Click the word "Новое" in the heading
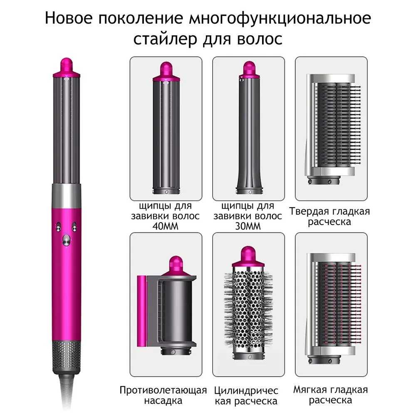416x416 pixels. [x=69, y=18]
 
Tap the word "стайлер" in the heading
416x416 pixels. [x=165, y=39]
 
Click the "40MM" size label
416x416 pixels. [x=165, y=226]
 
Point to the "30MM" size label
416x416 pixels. [x=248, y=226]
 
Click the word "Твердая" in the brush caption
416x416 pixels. [x=309, y=211]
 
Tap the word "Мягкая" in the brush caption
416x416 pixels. [x=311, y=390]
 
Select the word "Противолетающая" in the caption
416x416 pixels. [x=163, y=390]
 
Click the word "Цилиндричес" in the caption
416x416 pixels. [x=246, y=391]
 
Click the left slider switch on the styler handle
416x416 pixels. [x=58, y=227]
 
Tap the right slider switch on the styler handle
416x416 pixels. [x=74, y=227]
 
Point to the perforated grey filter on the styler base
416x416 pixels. [x=66, y=357]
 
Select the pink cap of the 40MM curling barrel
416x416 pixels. [x=166, y=72]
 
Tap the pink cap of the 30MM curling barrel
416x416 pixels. [x=249, y=70]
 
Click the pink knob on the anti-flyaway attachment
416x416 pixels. [x=176, y=266]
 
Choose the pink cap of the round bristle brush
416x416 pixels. [x=248, y=257]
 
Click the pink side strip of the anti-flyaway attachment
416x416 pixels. [x=141, y=311]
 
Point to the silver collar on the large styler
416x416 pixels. [x=66, y=196]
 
